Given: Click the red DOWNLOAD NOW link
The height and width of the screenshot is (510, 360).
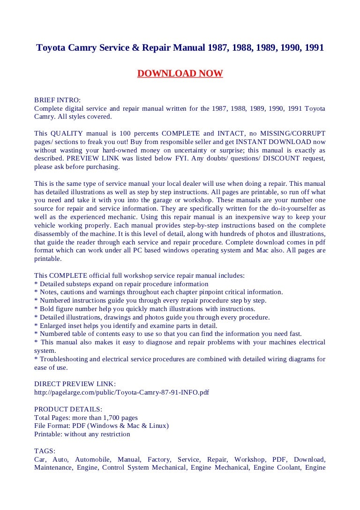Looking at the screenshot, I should coord(180,74).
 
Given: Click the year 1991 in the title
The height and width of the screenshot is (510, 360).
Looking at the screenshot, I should coord(312,48).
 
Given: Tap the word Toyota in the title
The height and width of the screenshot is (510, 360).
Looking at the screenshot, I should coord(51,48).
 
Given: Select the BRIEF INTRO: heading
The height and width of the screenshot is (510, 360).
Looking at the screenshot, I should coord(57,100).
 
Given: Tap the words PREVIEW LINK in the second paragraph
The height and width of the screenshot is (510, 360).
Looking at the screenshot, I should coord(103,159).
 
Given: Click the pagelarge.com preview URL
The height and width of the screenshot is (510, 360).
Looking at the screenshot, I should coord(121,392).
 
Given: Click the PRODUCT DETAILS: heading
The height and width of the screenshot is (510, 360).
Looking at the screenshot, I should coord(68,409).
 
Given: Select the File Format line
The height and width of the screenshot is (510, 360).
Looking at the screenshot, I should coord(101,426).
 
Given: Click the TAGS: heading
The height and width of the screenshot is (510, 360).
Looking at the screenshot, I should coord(45,451).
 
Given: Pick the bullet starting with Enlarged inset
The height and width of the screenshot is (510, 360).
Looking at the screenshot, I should coord(126,326).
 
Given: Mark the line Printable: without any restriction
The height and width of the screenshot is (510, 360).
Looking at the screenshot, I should coord(82,434).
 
